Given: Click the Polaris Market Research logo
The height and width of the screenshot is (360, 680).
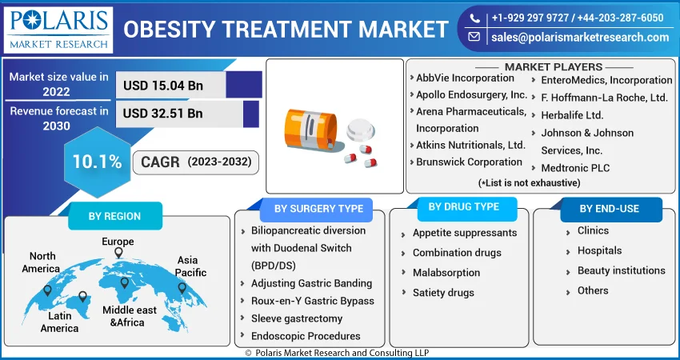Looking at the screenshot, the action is [x=58, y=30].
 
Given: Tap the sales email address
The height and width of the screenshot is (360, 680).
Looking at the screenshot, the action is [x=580, y=38].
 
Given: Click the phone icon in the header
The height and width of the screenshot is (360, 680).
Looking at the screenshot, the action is [x=474, y=18].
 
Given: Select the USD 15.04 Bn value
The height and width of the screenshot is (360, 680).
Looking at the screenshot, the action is [x=163, y=85].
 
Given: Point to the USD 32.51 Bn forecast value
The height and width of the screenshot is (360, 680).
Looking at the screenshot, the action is [x=163, y=114].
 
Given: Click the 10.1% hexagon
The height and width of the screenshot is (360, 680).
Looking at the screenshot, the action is [x=97, y=162].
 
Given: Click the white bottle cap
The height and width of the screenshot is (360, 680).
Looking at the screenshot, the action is [x=361, y=130].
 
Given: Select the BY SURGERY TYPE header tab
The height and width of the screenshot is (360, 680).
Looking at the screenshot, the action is [x=318, y=209].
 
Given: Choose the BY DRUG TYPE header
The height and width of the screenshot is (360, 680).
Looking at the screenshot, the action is [x=463, y=207].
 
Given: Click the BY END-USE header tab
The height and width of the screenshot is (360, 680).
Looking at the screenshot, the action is [x=610, y=209].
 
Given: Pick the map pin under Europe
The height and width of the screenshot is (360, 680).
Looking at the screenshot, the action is [x=118, y=253].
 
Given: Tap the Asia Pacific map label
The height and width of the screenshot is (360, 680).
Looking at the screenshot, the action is [x=191, y=266].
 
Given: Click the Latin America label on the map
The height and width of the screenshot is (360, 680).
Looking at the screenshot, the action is [x=60, y=322].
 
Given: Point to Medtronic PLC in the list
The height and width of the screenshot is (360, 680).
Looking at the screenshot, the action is [x=575, y=168].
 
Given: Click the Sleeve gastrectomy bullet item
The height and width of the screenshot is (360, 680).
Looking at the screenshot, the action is [x=297, y=318].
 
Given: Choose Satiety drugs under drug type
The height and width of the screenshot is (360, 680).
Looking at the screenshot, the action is [x=443, y=293].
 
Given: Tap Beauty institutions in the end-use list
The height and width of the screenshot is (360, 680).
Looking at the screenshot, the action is [x=621, y=270].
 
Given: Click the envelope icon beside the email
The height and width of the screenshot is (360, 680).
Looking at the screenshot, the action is [x=474, y=38].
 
